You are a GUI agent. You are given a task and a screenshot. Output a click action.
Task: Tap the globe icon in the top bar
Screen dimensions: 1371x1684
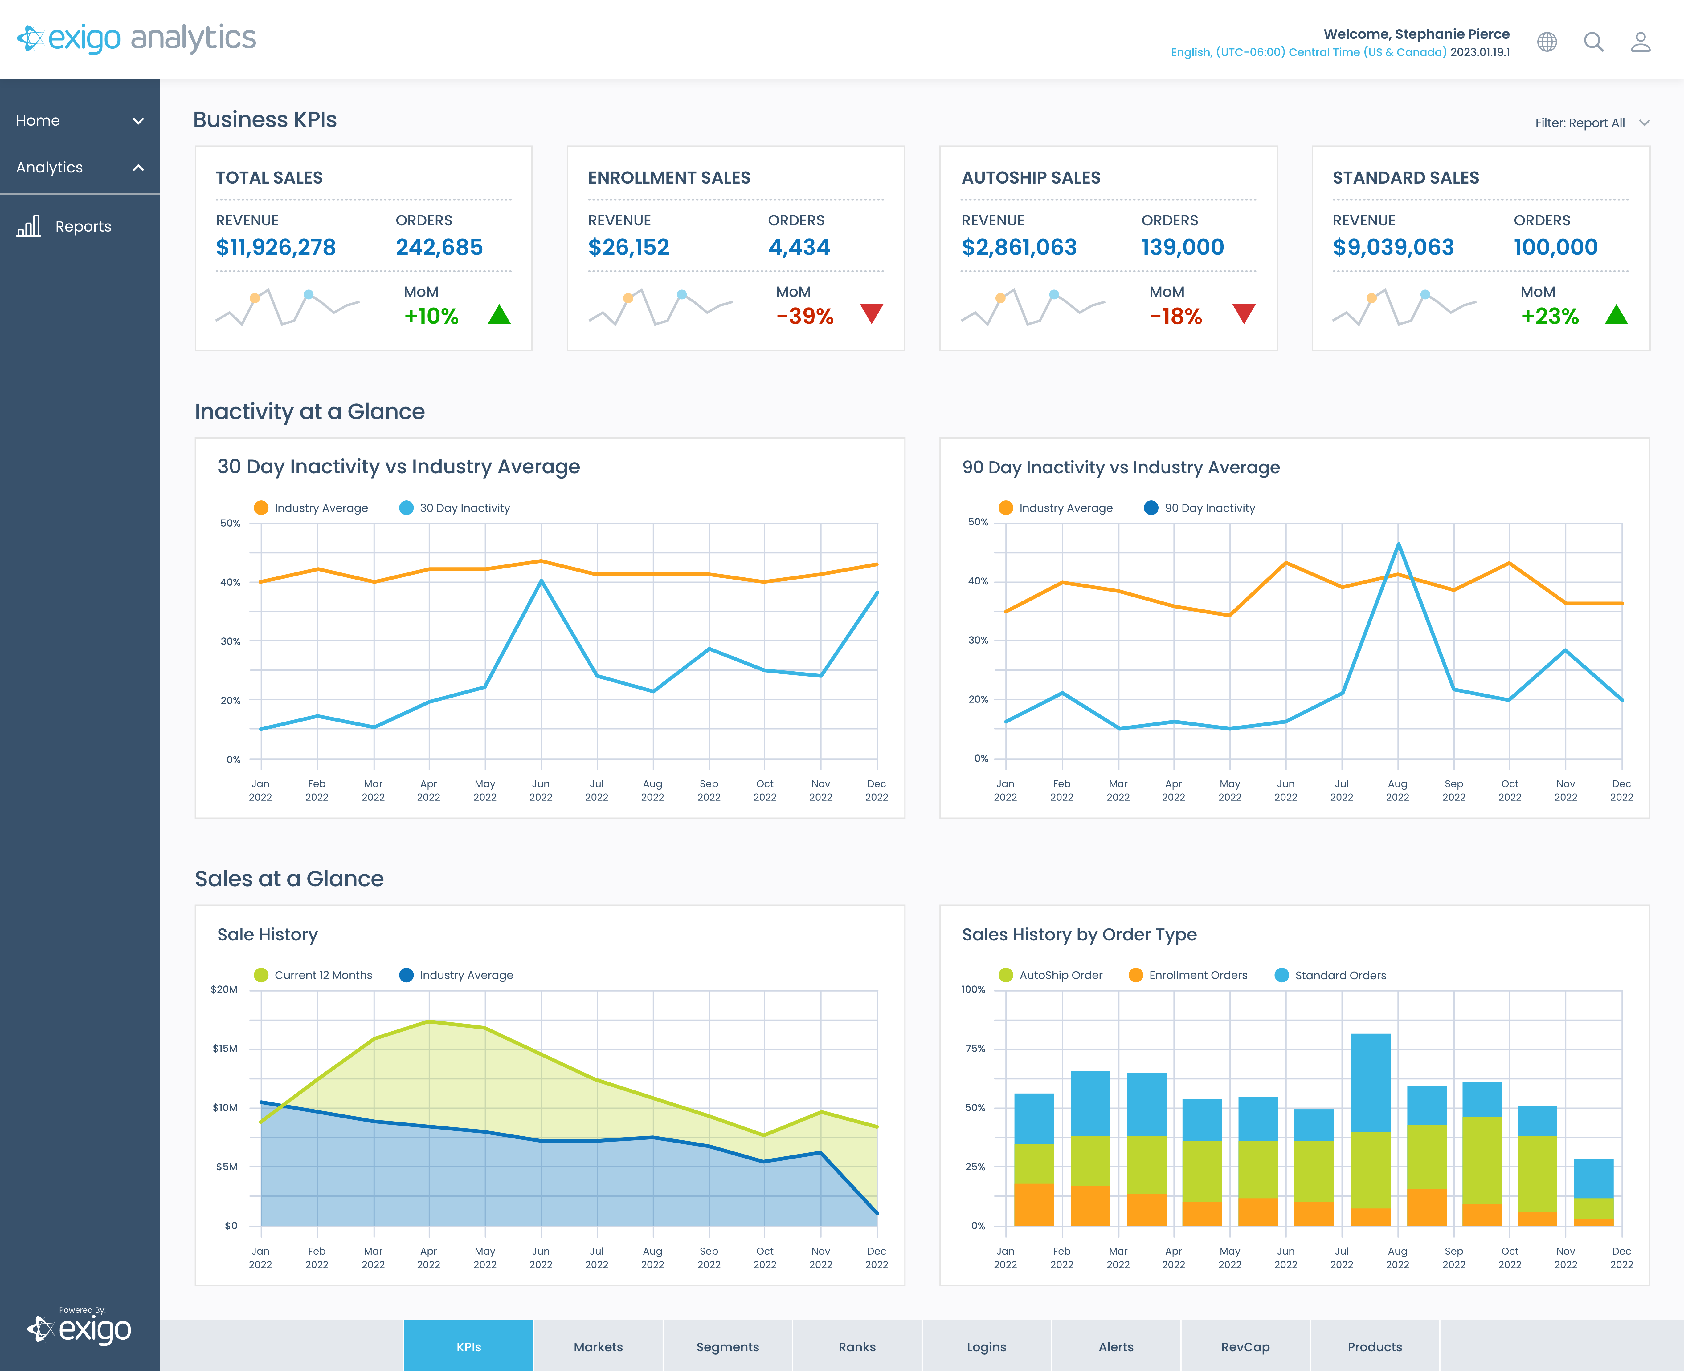[x=1547, y=42]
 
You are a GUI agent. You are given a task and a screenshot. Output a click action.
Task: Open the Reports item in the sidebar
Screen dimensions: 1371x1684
[x=82, y=227]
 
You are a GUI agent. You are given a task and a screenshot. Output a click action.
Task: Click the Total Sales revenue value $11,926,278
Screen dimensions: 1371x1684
[x=276, y=247]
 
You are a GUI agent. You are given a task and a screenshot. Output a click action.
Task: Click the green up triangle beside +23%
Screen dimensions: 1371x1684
[x=1616, y=315]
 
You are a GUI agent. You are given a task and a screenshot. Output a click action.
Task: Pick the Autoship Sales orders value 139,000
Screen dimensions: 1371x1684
[x=1182, y=247]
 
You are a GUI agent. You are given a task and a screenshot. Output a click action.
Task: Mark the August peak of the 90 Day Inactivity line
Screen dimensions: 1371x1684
[x=1398, y=544]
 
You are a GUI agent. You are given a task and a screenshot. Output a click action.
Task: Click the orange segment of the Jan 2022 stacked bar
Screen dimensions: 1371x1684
[x=1034, y=1204]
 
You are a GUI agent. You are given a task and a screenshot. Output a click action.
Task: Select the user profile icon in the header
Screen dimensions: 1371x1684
[x=1641, y=42]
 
